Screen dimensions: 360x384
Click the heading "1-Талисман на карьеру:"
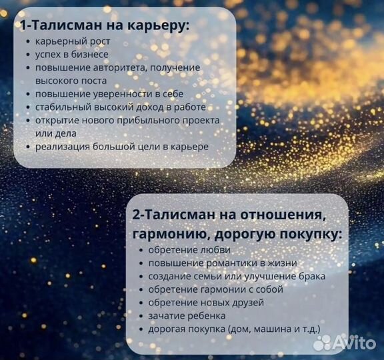click(x=104, y=26)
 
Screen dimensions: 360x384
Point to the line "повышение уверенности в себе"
click(x=109, y=94)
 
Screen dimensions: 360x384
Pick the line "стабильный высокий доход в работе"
click(x=120, y=107)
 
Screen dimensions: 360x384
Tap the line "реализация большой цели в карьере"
click(x=122, y=146)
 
